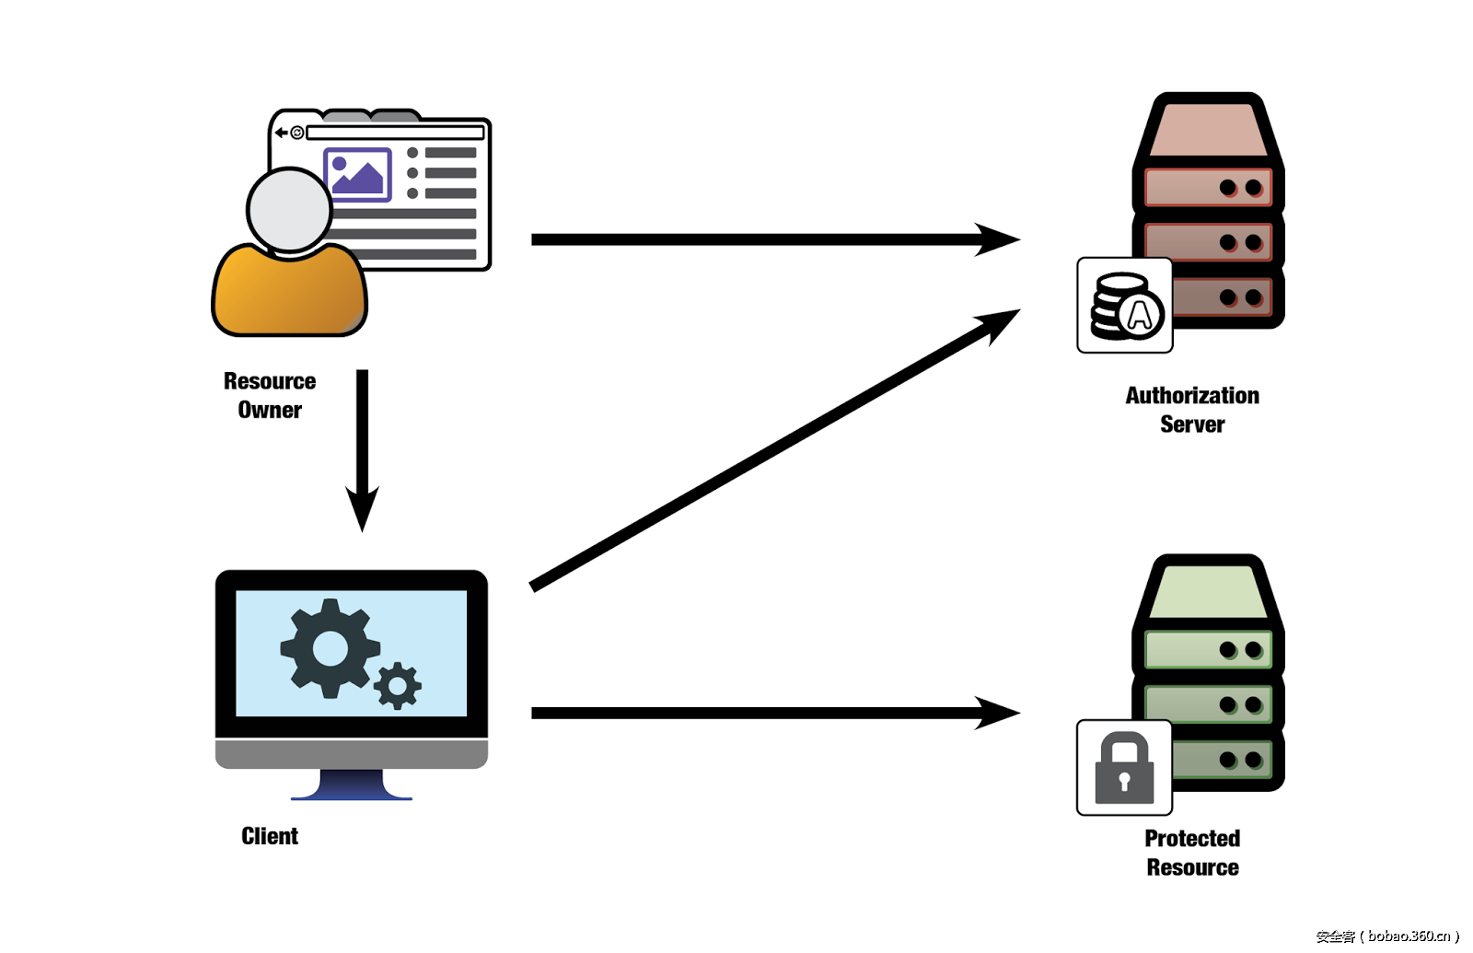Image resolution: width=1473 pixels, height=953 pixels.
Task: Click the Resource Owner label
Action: point(270,395)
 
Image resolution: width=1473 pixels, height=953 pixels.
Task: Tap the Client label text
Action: point(270,836)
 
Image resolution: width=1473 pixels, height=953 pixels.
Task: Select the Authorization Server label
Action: point(1192,410)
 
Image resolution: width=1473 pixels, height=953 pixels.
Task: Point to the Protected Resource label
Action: point(1192,853)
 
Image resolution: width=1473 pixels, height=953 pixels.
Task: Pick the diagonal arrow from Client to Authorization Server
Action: point(773,448)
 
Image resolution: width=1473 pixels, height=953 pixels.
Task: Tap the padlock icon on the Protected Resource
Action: point(1124,768)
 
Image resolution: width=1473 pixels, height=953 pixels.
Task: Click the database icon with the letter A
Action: point(1125,307)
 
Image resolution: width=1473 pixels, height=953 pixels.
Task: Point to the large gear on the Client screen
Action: point(329,648)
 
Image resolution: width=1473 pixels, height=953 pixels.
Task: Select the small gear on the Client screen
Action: point(398,685)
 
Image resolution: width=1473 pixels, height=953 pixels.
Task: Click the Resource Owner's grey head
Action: point(289,210)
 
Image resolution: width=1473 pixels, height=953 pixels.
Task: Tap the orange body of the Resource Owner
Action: point(289,293)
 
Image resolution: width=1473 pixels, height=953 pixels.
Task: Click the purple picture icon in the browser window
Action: point(358,174)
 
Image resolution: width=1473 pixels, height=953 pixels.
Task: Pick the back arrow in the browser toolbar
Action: point(282,133)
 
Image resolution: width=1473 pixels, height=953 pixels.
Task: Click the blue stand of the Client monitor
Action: point(352,785)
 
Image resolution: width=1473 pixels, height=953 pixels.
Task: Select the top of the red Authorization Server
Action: point(1207,129)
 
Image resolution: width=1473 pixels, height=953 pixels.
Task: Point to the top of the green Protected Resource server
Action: point(1207,591)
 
